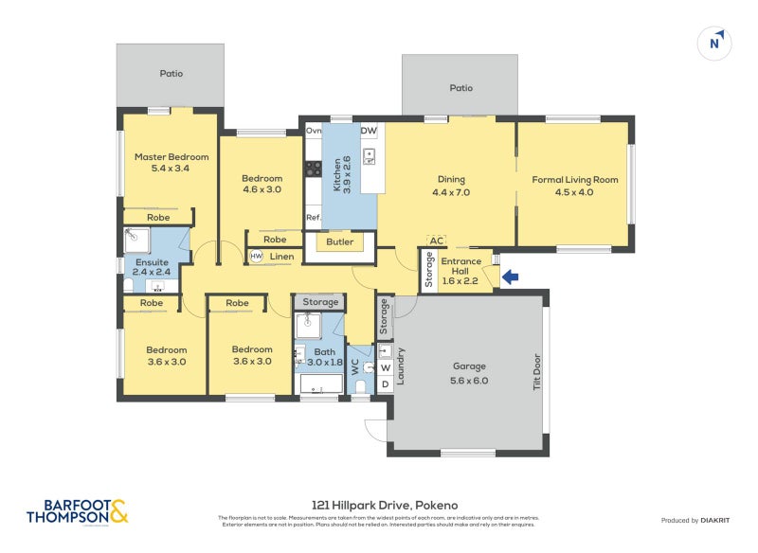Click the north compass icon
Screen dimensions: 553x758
716,43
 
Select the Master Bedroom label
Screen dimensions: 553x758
171,163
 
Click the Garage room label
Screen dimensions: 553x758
469,373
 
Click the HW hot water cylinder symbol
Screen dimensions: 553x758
256,257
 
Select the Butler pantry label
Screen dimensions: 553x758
339,242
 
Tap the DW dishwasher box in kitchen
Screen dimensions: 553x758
369,131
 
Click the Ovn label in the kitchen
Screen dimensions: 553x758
313,131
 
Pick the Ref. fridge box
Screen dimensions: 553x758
313,218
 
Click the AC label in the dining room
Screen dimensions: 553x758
437,241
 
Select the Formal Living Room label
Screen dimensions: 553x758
574,186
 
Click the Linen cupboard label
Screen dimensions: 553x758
281,257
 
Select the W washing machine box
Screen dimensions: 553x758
385,367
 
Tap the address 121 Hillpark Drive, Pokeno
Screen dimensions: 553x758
378,506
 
